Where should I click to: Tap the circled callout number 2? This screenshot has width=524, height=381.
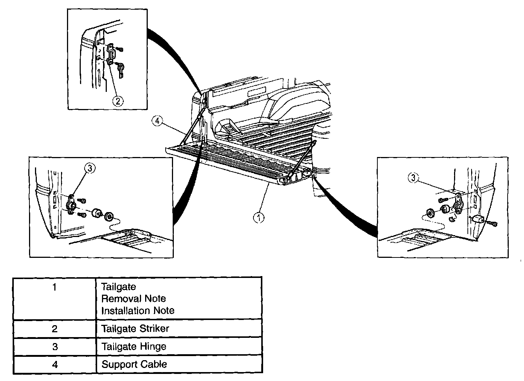pyautogui.click(x=118, y=101)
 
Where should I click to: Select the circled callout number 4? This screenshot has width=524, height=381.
pyautogui.click(x=157, y=121)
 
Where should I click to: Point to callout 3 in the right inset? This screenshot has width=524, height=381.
pyautogui.click(x=413, y=178)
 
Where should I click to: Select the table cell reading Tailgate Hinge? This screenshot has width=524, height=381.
pyautogui.click(x=134, y=347)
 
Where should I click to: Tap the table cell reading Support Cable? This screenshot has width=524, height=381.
pyautogui.click(x=134, y=364)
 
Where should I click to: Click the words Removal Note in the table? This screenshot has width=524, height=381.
pyautogui.click(x=134, y=299)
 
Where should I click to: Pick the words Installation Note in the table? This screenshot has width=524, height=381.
pyautogui.click(x=138, y=310)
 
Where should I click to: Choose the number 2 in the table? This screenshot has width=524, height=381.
pyautogui.click(x=55, y=329)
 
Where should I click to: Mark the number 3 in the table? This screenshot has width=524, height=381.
pyautogui.click(x=55, y=347)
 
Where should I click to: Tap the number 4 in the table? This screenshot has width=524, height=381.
pyautogui.click(x=55, y=364)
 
